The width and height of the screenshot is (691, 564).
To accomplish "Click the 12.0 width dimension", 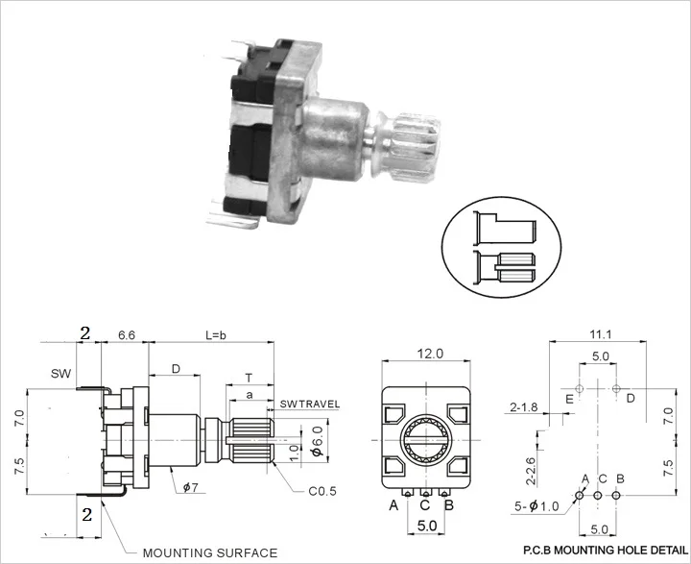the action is tap(430, 354).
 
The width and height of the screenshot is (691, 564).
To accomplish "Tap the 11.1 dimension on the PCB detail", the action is tap(601, 334).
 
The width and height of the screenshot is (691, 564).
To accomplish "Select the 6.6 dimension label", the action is tap(127, 335).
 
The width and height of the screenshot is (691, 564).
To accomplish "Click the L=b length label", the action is tap(216, 335).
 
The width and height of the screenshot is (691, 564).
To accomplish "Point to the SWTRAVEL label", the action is tap(310, 404).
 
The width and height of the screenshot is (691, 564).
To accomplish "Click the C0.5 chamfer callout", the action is tap(322, 491).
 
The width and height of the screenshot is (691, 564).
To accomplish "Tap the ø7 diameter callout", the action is tap(190, 487).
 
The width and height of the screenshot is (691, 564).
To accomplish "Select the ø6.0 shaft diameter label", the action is tap(318, 440).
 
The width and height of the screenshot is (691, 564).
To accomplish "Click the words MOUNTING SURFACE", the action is tap(210, 552).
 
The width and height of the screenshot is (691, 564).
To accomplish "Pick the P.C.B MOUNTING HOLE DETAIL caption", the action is tap(605, 550).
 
